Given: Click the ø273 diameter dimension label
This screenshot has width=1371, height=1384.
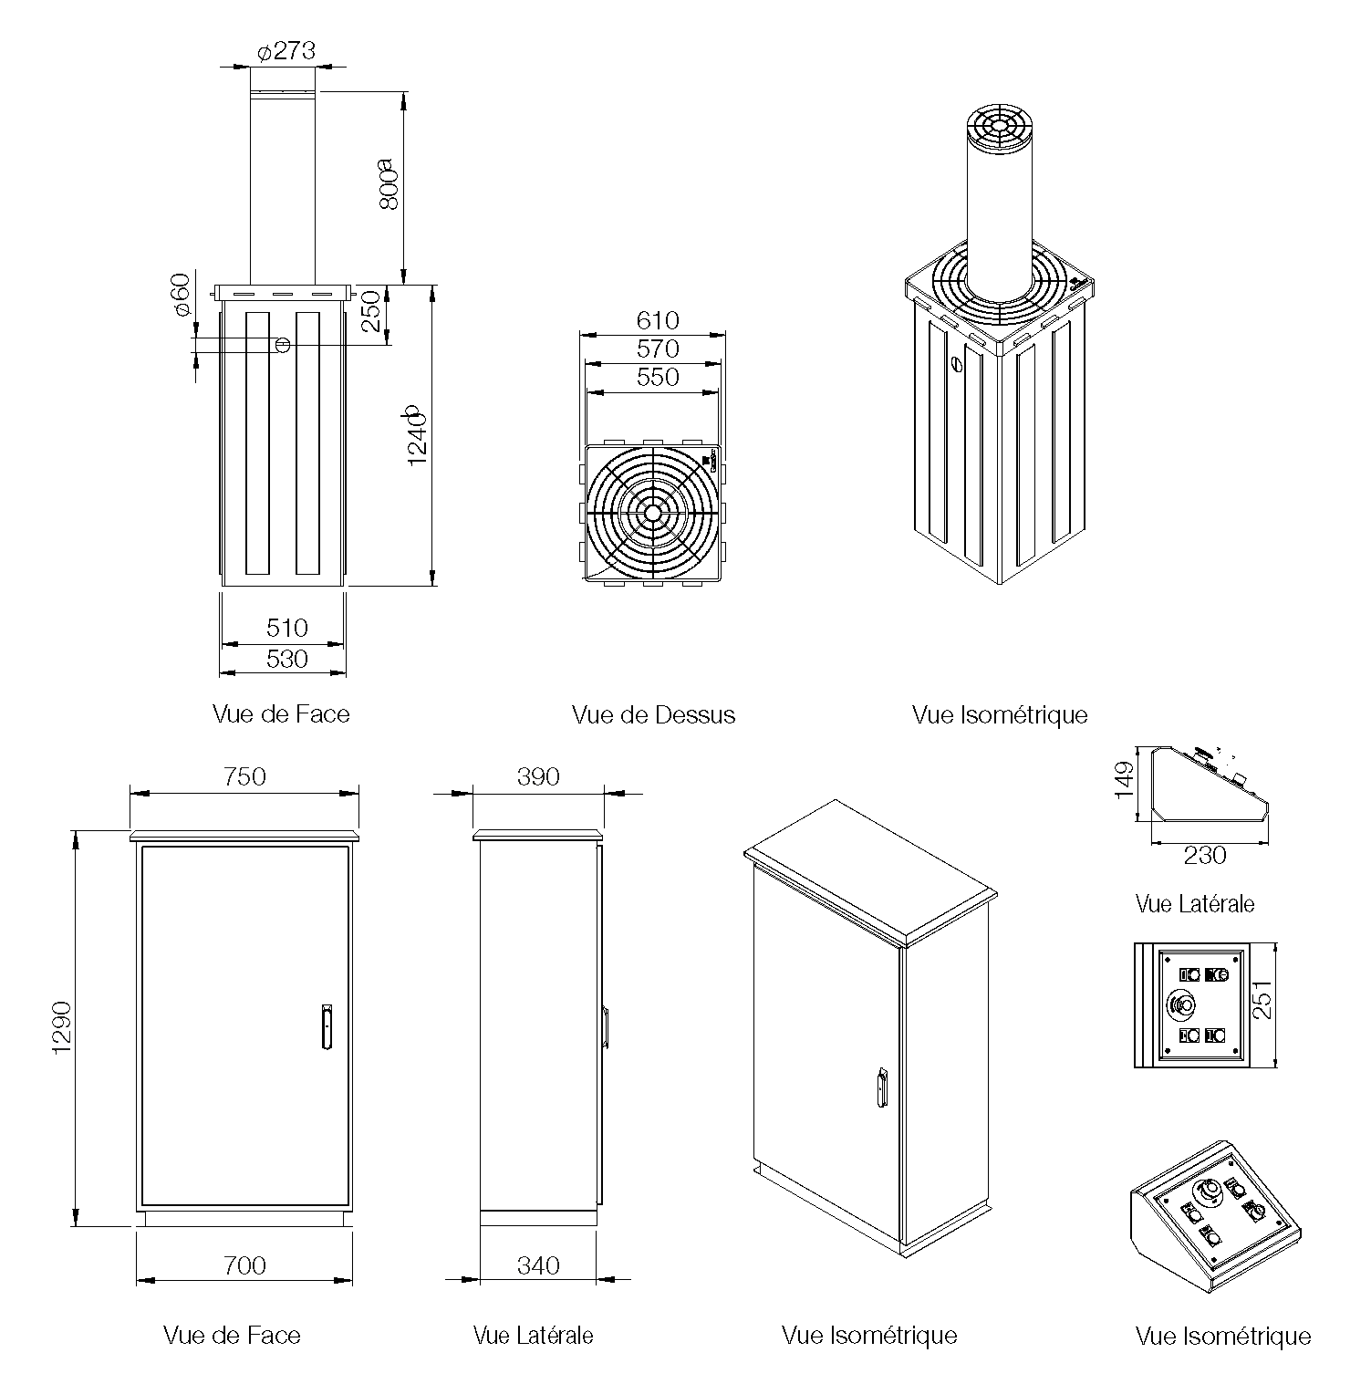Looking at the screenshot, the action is click(x=286, y=51).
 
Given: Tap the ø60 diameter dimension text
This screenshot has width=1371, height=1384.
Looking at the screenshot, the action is click(x=181, y=295).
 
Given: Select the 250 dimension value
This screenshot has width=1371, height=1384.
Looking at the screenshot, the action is click(x=370, y=312).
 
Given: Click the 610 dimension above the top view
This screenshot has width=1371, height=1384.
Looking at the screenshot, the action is click(x=658, y=320).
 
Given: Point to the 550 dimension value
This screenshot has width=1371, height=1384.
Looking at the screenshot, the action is click(x=658, y=377).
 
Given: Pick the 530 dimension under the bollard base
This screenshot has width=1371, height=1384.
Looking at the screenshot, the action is click(x=287, y=659).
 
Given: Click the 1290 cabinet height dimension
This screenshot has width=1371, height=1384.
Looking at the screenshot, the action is click(x=62, y=1027).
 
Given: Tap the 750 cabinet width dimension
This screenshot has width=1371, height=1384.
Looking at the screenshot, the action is click(x=244, y=776).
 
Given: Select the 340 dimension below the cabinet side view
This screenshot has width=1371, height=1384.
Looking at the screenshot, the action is click(x=538, y=1265).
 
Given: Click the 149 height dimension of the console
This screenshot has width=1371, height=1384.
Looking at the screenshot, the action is click(x=1125, y=779).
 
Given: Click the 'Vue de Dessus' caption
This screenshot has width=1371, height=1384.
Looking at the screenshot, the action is click(x=653, y=714).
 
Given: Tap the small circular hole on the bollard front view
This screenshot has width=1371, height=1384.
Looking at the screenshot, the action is click(x=283, y=345).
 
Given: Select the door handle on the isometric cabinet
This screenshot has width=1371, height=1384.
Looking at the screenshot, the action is click(x=881, y=1087).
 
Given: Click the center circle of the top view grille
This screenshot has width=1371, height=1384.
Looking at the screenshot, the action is click(x=653, y=513).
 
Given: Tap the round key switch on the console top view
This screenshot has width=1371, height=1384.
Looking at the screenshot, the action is click(x=1181, y=1005).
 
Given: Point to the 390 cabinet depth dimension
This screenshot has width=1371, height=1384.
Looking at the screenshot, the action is click(x=538, y=776).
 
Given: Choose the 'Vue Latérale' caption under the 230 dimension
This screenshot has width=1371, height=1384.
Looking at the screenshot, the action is click(x=1195, y=904).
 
